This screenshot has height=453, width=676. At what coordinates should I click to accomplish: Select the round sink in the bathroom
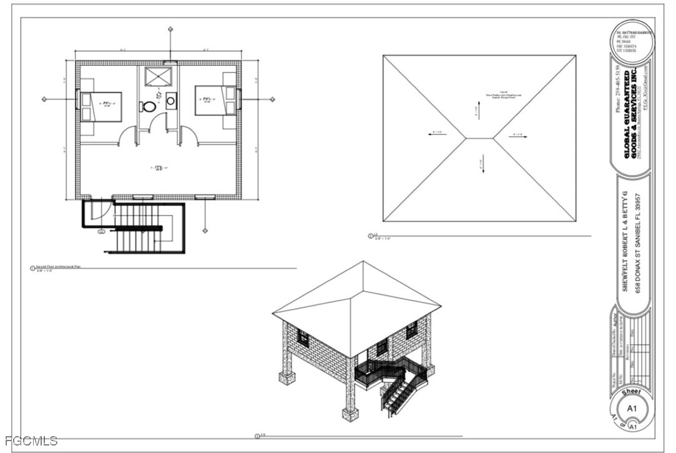click(170, 99)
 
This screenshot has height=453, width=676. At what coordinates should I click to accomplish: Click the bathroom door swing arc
click(157, 123)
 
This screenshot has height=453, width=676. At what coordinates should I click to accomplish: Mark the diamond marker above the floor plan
click(170, 29)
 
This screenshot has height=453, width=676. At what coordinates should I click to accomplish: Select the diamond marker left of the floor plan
click(44, 99)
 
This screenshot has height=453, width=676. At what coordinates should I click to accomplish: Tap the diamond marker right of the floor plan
click(273, 99)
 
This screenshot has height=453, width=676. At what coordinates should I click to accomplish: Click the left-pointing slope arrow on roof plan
click(438, 132)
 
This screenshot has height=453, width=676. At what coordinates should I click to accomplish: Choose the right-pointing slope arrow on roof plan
click(519, 135)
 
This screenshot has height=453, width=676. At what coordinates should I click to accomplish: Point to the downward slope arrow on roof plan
click(482, 164)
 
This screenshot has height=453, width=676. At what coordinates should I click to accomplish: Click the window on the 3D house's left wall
click(303, 337)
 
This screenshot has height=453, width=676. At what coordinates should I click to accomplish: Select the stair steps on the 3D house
click(398, 394)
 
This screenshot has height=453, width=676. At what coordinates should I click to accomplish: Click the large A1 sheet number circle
click(632, 408)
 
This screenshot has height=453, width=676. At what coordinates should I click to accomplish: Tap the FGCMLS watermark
click(29, 441)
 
